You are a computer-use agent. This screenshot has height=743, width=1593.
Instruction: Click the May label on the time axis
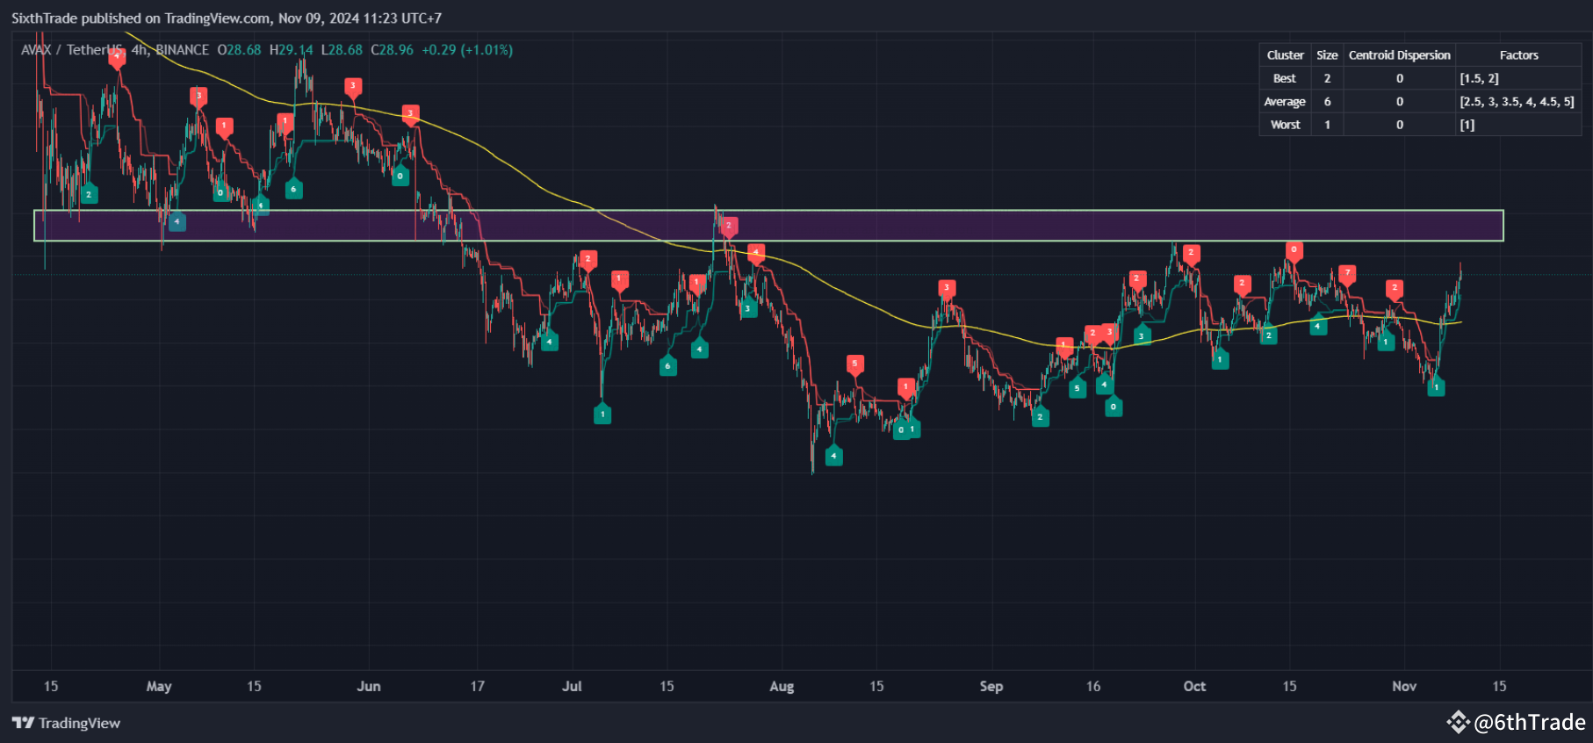coord(159,686)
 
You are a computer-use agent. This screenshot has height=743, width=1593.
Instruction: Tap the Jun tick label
coord(369,686)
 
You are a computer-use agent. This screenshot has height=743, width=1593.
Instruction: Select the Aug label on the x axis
coord(782,686)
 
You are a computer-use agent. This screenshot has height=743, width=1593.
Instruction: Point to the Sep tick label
coord(991,686)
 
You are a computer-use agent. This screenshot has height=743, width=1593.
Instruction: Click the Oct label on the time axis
coord(1194,686)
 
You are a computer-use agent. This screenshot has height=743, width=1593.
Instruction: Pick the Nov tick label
coord(1404,686)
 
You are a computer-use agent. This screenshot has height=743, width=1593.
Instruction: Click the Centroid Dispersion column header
coord(1399,55)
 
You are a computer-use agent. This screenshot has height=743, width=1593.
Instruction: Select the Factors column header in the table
coord(1518,55)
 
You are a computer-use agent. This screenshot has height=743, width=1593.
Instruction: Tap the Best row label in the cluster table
coord(1285,78)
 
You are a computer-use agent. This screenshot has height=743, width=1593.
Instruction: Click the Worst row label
coord(1285,125)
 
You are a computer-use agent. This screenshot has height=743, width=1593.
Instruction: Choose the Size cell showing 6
coord(1327,102)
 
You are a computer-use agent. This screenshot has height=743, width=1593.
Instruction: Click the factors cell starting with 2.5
coord(1517,102)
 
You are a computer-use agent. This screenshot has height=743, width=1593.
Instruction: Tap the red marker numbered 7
coord(1347,273)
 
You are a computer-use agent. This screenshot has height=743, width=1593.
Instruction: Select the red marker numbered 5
coord(854,364)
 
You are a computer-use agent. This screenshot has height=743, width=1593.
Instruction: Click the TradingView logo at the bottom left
coord(67,723)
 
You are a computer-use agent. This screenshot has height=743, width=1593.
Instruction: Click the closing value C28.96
coord(392,50)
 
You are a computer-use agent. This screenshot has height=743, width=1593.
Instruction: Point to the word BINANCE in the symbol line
coord(183,50)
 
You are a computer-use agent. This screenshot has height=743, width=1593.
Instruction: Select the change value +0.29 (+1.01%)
coord(467,50)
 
